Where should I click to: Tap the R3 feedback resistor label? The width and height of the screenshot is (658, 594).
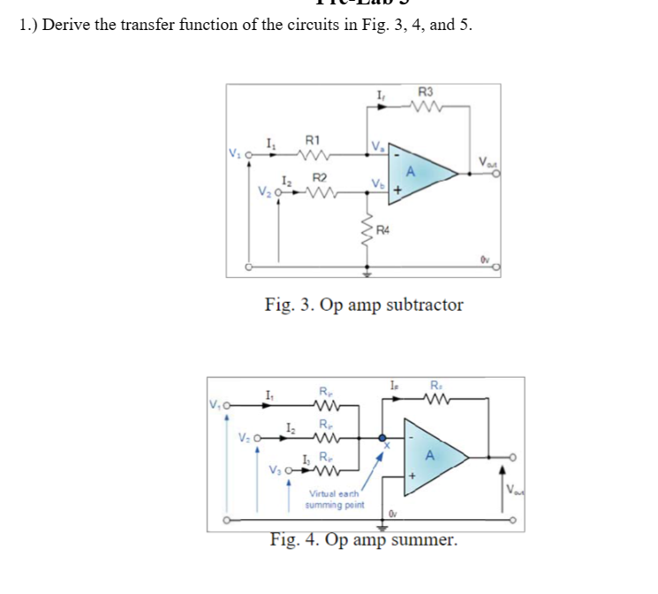[425, 91]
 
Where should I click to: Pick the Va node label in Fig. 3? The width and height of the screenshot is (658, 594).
[378, 147]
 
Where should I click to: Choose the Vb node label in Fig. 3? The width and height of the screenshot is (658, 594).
[378, 185]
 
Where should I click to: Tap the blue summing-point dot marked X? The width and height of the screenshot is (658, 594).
[382, 438]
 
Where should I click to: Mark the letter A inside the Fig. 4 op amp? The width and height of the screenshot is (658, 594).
[428, 455]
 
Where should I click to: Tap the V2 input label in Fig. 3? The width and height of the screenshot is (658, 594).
[264, 190]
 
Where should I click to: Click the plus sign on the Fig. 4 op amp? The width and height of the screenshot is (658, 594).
[412, 477]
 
